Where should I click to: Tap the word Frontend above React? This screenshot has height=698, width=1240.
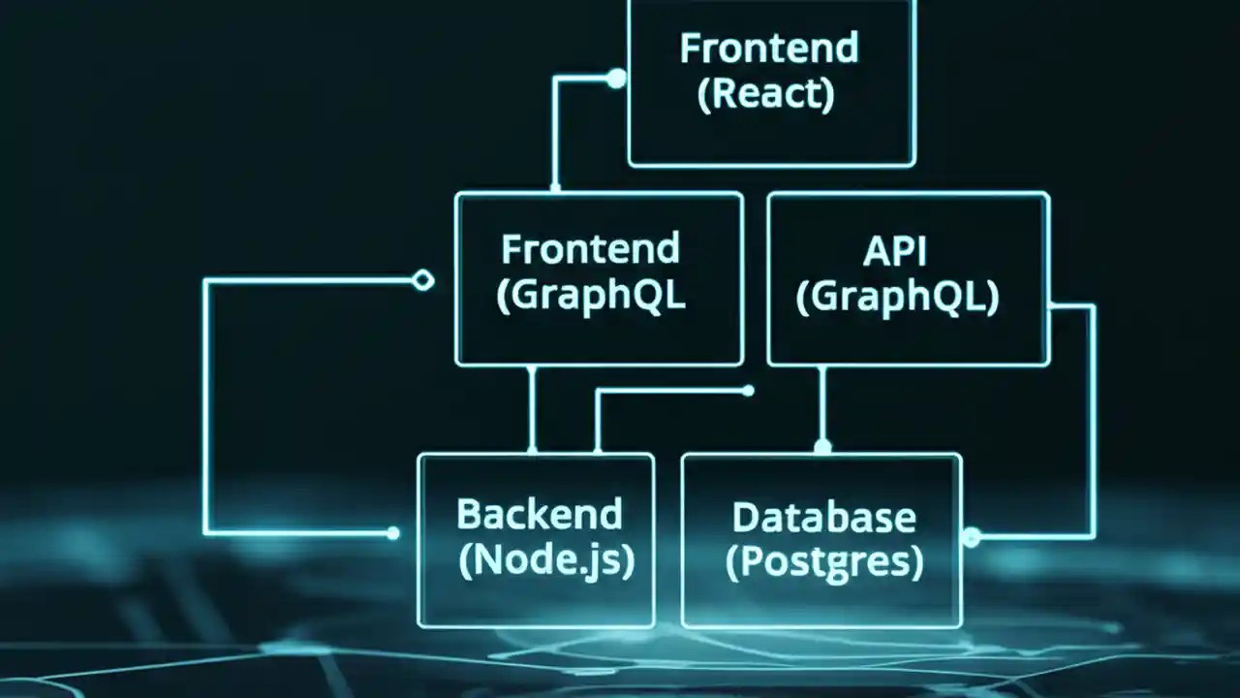(x=768, y=48)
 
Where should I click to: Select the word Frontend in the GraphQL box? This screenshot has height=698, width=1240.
(x=590, y=249)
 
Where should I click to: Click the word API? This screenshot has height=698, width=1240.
(x=894, y=250)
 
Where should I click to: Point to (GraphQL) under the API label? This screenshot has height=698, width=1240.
(x=897, y=297)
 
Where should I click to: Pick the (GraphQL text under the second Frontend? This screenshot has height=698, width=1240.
(x=590, y=297)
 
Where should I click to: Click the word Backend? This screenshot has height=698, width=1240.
(x=539, y=514)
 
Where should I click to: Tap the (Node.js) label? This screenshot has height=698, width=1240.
(x=546, y=560)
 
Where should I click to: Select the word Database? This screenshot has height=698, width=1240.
(x=823, y=517)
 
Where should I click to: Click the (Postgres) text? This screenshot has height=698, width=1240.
(x=824, y=562)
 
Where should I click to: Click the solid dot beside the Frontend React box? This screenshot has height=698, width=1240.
(x=616, y=79)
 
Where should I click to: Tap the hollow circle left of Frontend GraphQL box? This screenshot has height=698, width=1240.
(x=422, y=281)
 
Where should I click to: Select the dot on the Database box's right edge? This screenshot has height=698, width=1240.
(x=971, y=536)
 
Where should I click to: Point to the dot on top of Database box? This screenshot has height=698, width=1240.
(x=822, y=447)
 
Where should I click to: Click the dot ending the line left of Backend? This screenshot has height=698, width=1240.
(x=392, y=533)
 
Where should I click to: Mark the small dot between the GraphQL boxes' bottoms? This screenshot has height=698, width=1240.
(x=748, y=391)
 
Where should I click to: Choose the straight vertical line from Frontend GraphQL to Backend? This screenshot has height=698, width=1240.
(x=532, y=407)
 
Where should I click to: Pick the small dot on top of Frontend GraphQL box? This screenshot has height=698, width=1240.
(x=555, y=187)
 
